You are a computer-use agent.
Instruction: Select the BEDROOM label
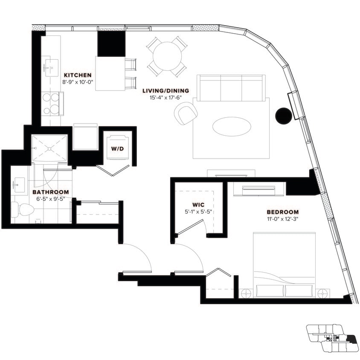[282, 212]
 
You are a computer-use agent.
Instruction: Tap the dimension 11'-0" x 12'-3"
[282, 219]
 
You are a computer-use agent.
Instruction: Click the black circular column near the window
[283, 115]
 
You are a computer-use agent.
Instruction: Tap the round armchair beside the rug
[186, 113]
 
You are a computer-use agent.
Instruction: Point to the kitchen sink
[51, 67]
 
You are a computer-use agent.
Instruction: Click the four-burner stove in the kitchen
[52, 104]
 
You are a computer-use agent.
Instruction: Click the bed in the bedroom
[284, 264]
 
